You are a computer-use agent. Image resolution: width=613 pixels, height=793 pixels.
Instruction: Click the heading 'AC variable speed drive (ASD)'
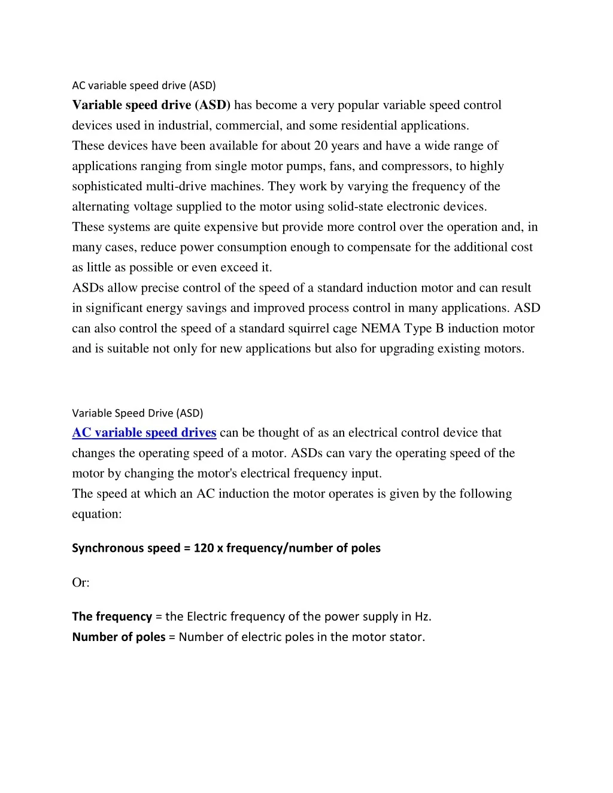point(144,86)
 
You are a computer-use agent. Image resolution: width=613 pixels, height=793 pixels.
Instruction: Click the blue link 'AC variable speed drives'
point(144,433)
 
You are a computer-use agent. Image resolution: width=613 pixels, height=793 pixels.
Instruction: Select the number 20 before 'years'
point(320,146)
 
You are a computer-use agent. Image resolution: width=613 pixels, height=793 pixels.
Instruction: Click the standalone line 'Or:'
point(81,582)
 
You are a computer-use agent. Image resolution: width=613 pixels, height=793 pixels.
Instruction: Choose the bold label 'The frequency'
point(112,616)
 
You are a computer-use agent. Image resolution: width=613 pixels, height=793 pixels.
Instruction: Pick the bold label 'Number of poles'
point(119,637)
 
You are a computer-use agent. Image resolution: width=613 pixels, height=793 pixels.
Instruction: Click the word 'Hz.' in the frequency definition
point(423,616)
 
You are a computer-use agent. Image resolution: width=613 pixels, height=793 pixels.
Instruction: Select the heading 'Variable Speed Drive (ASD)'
point(138,413)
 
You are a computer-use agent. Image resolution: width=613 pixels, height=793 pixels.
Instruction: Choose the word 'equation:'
point(97,514)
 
